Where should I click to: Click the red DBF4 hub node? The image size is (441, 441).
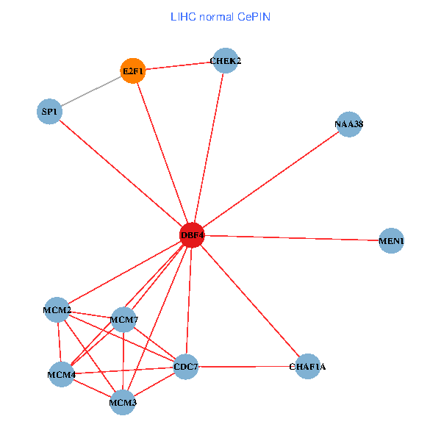pos(192,234)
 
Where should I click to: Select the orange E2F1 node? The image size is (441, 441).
pos(132,71)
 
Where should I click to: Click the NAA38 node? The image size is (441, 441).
pos(348,125)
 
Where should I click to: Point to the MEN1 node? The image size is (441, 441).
pos(392,241)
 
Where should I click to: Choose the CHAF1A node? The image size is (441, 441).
pos(307,366)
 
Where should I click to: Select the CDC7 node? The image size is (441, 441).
pos(186,366)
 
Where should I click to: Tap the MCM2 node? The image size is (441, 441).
pos(57,310)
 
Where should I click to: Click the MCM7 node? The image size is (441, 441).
pos(123,320)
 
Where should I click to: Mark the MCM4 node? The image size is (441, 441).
pos(61,375)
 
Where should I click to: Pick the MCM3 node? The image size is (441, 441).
pos(123,403)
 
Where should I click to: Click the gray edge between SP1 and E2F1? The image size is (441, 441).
pos(90,91)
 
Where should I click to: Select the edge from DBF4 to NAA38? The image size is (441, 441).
pos(270,179)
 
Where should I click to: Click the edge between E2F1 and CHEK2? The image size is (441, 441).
pos(178,66)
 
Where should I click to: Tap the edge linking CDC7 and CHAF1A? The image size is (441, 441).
pos(246,366)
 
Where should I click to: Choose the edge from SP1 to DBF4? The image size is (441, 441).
pos(121,173)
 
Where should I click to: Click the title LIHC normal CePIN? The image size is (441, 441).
pos(220,17)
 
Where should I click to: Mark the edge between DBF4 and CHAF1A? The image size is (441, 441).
pos(250,301)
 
